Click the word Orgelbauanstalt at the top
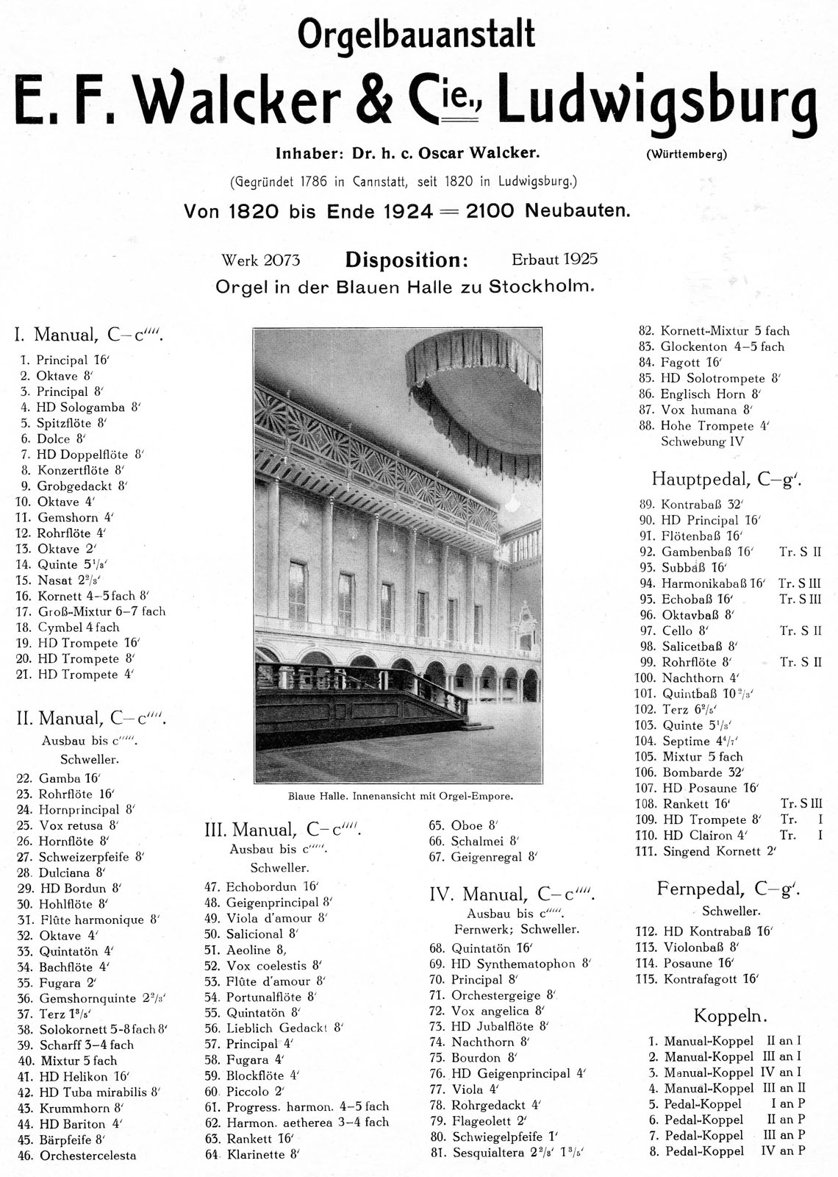point(415,35)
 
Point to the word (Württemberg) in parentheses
point(687,154)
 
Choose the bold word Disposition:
point(406,260)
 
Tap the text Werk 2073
point(260,260)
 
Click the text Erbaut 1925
point(554,259)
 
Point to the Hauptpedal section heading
point(726,480)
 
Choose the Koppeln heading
point(730,1017)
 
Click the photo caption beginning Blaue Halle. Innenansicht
point(400,796)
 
